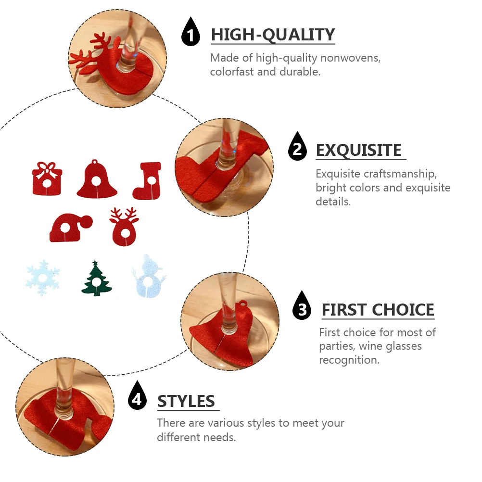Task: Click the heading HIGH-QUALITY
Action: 273,35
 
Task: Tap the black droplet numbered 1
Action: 191,34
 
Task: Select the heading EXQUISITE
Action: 358,151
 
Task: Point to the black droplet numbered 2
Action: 297,148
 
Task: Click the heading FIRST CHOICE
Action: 378,310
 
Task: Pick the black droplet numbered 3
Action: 302,307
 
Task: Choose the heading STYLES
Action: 186,401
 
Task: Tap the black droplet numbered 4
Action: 138,397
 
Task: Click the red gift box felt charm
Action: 47,178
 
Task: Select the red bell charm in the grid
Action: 97,181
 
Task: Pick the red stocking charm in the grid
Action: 147,181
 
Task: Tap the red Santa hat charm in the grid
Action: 70,228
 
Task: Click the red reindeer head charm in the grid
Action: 124,227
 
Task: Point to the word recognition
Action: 349,360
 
